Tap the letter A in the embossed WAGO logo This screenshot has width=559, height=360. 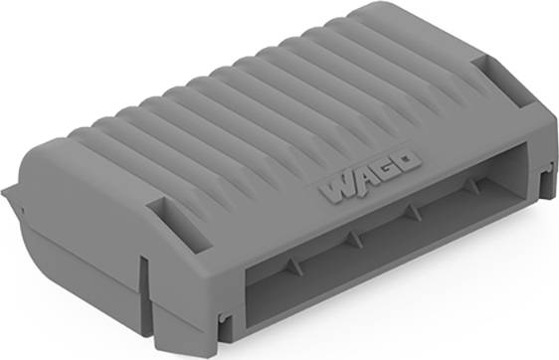coord(361,181)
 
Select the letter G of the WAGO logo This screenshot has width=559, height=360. coord(384,171)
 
